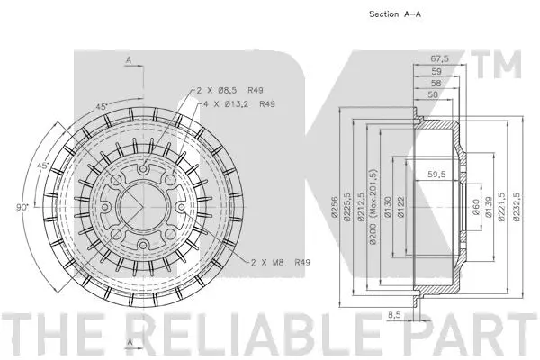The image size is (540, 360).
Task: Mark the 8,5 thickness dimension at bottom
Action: (x=393, y=316)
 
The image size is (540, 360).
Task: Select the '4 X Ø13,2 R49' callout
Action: (x=238, y=104)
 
